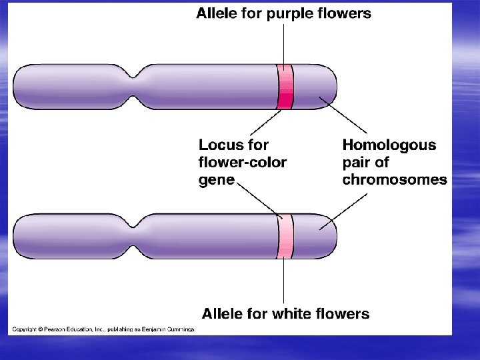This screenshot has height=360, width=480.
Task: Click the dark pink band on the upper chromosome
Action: pos(285,87)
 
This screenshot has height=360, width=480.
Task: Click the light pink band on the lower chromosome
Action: pos(285,237)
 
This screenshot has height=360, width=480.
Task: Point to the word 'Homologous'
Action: pos(389,145)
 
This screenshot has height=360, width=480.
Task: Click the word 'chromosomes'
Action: pos(395,179)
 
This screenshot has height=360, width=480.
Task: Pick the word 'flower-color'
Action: pos(243,162)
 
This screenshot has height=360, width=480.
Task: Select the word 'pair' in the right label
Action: pos(358,162)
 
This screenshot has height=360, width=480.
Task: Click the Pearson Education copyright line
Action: pos(103,329)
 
